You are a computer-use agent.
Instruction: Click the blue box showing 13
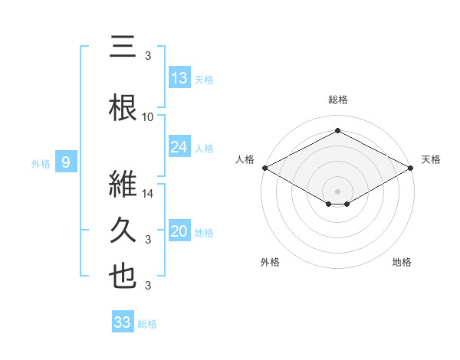[179, 78]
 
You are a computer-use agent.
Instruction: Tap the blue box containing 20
[179, 231]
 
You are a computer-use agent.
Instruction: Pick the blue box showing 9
[66, 162]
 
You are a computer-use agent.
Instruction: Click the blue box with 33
[123, 322]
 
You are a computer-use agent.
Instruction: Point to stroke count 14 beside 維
[149, 194]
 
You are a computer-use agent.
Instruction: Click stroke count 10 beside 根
[148, 117]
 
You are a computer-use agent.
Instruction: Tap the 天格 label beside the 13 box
[204, 80]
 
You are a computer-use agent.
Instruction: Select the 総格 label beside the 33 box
[147, 324]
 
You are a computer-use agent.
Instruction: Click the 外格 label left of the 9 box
[40, 163]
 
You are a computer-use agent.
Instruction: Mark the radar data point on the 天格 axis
[412, 168]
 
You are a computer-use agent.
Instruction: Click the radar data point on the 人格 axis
[264, 168]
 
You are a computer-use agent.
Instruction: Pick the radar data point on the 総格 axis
[337, 131]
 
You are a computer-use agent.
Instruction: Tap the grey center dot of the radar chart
[337, 191]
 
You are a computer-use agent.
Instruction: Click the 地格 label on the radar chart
[402, 262]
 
